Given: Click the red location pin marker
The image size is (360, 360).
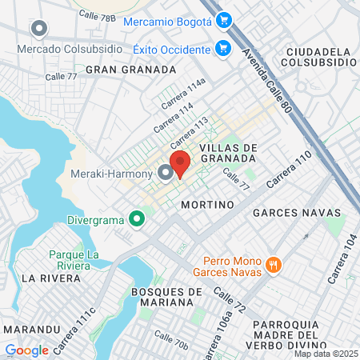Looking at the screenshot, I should (x=180, y=163).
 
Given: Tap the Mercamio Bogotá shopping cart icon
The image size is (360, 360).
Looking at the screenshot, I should (x=225, y=21).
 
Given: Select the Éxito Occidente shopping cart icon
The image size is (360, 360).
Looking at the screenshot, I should (x=224, y=48).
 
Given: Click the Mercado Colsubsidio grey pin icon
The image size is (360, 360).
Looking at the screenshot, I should (x=38, y=30).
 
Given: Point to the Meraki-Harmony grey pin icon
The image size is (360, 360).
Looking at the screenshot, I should (x=166, y=172).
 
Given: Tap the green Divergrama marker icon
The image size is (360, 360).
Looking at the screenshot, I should (x=137, y=218).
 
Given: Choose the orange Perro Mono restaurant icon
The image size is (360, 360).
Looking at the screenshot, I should (x=274, y=264).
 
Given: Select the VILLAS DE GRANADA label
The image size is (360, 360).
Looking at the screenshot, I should (x=228, y=152).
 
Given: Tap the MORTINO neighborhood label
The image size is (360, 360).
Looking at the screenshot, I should (x=207, y=205).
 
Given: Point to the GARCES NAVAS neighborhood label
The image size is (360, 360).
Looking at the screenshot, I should (x=287, y=214).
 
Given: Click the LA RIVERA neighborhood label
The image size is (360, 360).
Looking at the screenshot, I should (x=51, y=278).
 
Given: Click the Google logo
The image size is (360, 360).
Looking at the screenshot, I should (x=26, y=350).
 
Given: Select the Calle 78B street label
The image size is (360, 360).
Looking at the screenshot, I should (x=97, y=17).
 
